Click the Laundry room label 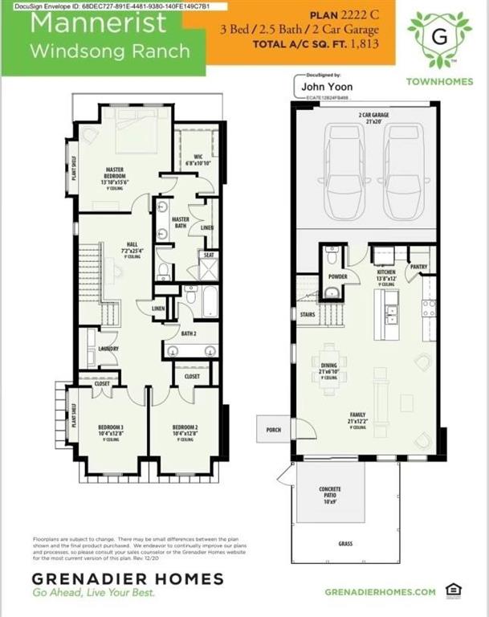coord(108,349)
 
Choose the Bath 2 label coord(188,333)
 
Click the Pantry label coord(418,268)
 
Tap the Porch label coord(273,430)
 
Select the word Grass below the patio coord(345,544)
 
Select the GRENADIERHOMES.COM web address coord(381,592)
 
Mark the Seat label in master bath coord(209,255)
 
